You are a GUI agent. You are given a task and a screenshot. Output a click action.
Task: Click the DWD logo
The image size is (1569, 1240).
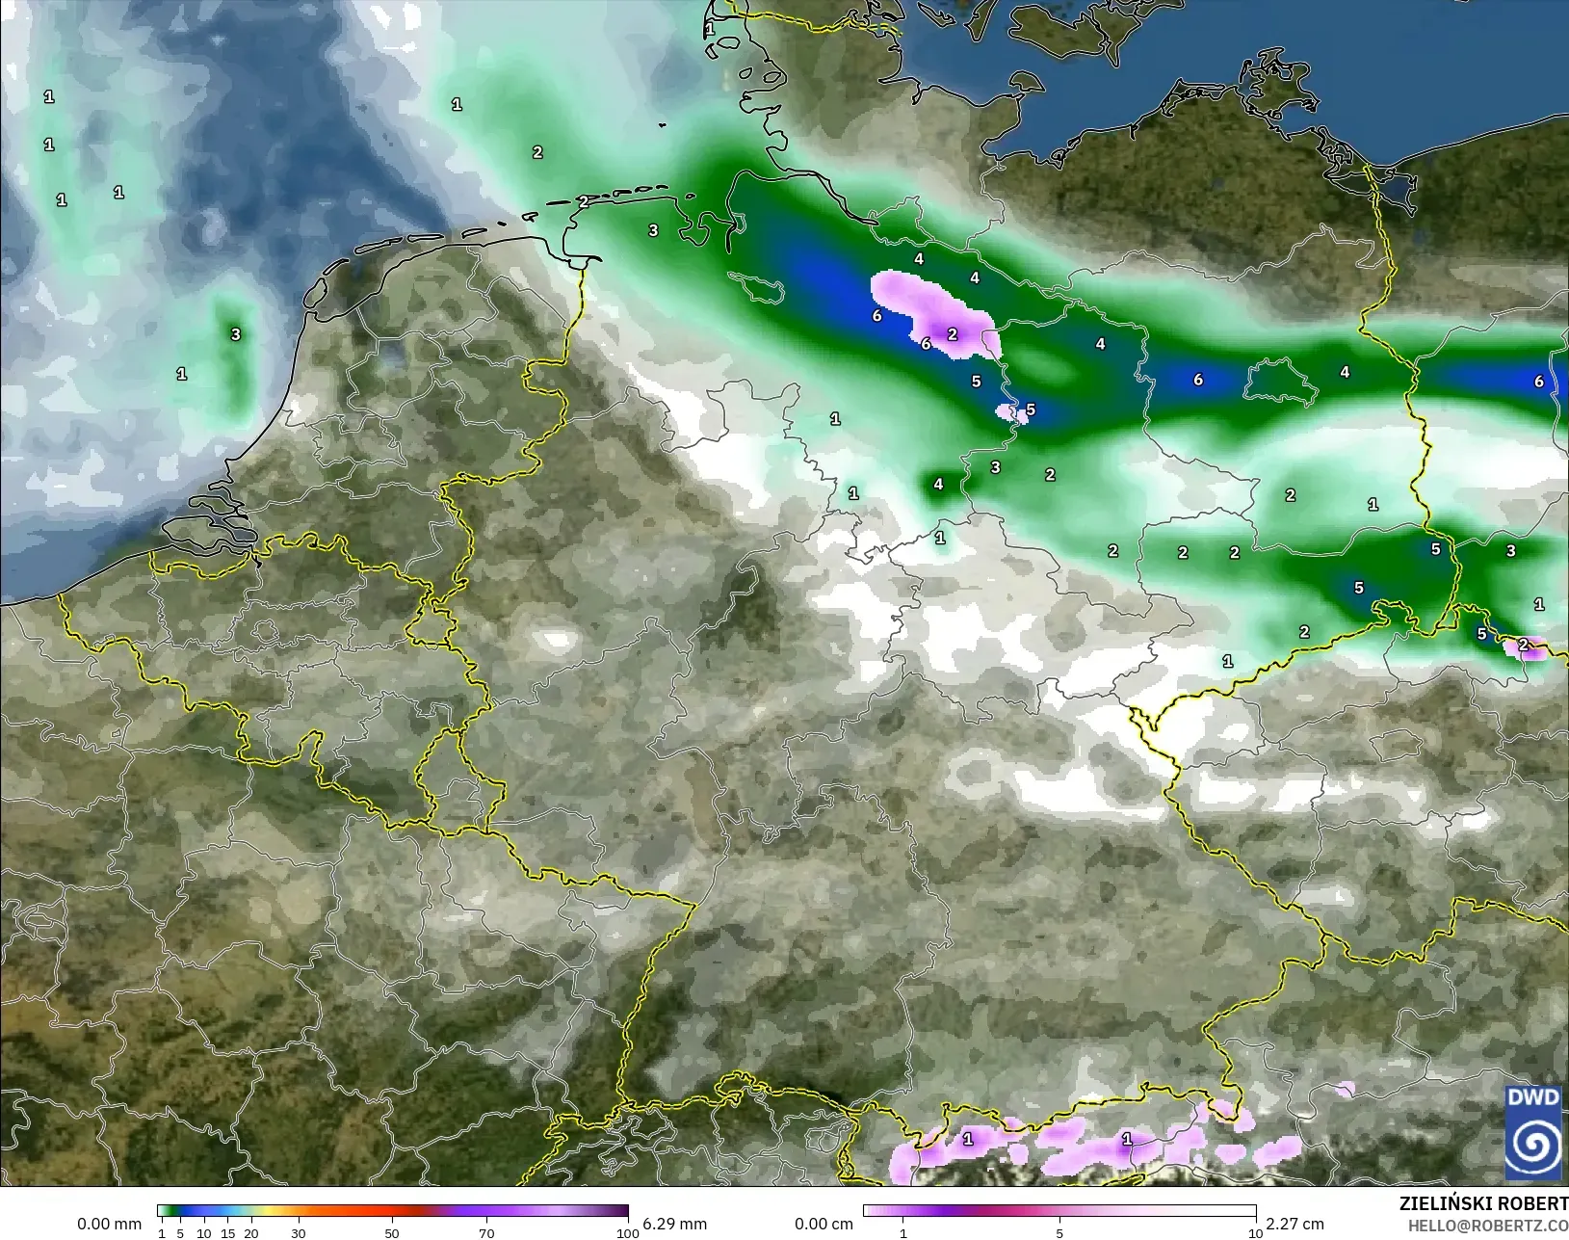(x=1533, y=1133)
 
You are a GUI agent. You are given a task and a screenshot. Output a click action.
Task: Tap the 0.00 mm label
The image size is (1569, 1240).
(x=109, y=1224)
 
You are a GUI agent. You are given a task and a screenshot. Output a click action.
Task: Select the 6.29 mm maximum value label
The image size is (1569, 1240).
(x=674, y=1224)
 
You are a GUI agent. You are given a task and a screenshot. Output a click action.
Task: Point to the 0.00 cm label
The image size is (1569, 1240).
(x=824, y=1224)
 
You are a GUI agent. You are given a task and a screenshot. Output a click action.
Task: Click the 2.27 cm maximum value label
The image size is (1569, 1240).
(x=1294, y=1224)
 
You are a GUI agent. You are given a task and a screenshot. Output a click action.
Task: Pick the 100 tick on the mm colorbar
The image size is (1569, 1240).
(x=628, y=1233)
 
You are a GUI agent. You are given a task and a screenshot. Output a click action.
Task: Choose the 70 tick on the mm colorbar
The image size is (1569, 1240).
(x=486, y=1233)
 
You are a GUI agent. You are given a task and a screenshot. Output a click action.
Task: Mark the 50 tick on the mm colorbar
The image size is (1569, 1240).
(x=392, y=1233)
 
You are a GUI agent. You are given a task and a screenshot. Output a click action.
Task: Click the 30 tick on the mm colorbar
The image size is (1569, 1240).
(x=299, y=1233)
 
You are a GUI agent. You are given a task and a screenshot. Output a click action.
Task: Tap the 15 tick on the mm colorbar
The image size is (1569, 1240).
(x=227, y=1233)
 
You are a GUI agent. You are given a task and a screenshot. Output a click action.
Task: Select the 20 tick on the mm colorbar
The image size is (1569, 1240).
(x=251, y=1233)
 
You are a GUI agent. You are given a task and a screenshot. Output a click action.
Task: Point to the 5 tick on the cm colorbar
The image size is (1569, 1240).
(x=1059, y=1233)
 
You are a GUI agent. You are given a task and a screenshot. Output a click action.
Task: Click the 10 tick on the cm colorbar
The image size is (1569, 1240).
(x=1256, y=1233)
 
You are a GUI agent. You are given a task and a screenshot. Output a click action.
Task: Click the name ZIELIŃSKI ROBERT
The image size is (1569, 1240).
(x=1483, y=1203)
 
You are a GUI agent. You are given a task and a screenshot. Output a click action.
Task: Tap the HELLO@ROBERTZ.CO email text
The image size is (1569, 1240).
(x=1487, y=1226)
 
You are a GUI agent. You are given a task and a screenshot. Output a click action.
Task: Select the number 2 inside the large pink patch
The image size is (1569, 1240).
(x=953, y=334)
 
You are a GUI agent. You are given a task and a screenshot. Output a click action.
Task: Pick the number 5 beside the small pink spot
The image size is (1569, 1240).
(x=1031, y=409)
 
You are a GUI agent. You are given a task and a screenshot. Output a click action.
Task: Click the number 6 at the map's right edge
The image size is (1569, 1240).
(x=1539, y=382)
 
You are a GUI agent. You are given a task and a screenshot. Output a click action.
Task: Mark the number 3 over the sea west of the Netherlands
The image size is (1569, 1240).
(x=236, y=334)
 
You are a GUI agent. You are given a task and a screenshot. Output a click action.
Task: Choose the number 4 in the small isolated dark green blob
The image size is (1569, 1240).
(x=939, y=484)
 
